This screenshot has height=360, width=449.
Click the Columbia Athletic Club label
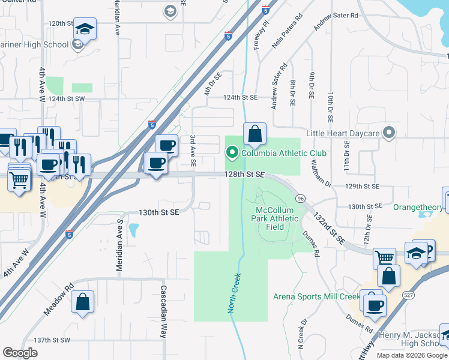click(283, 153)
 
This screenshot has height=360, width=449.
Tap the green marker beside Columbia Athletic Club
click(233, 153)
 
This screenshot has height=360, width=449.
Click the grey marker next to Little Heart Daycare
click(389, 133)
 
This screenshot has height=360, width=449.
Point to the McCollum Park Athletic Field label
click(277, 218)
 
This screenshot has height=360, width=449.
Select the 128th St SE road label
click(244, 173)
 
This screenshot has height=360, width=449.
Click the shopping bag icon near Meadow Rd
click(83, 302)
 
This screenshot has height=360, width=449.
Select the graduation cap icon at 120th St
click(84, 29)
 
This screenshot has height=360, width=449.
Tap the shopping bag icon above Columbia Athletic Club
click(255, 134)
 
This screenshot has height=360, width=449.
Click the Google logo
click(20, 352)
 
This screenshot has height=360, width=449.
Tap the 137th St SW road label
click(52, 340)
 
